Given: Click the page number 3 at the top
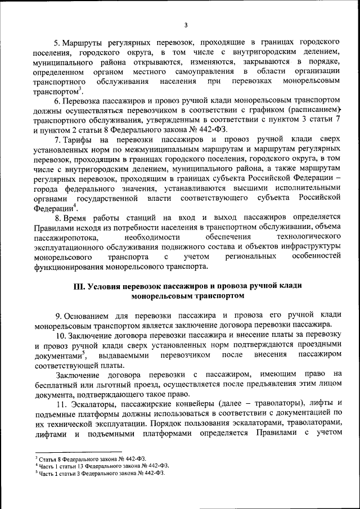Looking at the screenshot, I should [184, 25].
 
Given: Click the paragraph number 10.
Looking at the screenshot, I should [59, 335].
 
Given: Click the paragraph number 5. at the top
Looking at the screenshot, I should [57, 43].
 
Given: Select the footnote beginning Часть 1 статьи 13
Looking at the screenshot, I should [102, 466].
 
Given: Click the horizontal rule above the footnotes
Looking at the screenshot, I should [78, 452].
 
